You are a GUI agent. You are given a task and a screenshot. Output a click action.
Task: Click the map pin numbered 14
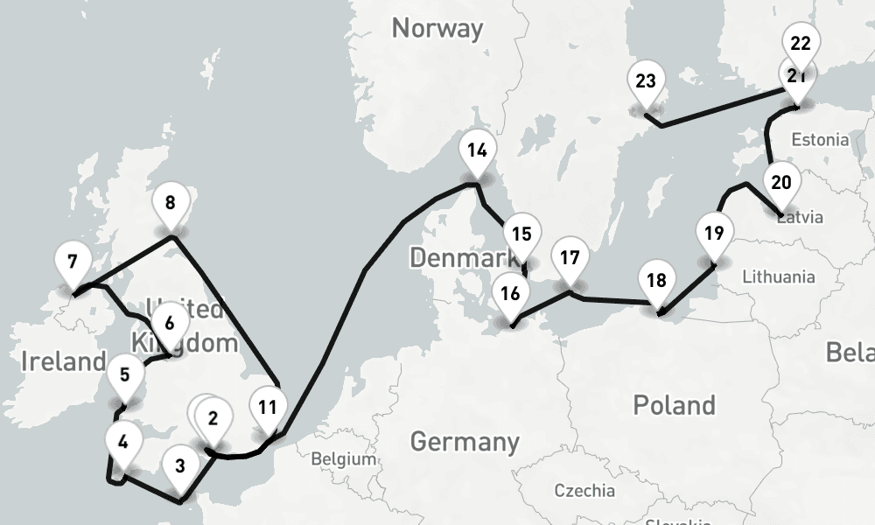click(477, 150)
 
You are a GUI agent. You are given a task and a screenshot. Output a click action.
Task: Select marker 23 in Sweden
click(646, 82)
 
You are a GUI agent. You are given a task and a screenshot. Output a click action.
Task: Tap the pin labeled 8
click(170, 204)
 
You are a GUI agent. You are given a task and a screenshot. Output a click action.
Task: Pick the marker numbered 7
click(72, 262)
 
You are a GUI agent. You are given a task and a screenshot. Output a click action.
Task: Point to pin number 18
click(656, 281)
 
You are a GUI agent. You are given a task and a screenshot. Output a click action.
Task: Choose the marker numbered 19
click(714, 234)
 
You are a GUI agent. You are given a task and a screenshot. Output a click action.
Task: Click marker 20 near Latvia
click(781, 183)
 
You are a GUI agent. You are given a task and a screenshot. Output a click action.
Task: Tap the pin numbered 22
click(800, 43)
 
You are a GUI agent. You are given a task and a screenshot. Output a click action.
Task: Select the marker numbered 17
click(570, 258)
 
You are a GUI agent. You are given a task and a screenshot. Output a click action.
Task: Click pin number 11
click(268, 407)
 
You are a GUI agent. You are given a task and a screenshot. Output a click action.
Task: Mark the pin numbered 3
click(179, 465)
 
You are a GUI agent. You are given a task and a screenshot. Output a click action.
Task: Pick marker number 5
click(125, 375)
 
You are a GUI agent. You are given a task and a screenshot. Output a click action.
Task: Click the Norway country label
click(437, 28)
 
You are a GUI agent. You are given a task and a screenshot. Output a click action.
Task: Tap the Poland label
click(674, 405)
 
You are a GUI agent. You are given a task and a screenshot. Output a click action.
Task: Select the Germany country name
click(465, 441)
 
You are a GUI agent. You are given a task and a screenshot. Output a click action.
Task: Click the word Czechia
click(584, 490)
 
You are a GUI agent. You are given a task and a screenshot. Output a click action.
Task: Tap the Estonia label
click(819, 139)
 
